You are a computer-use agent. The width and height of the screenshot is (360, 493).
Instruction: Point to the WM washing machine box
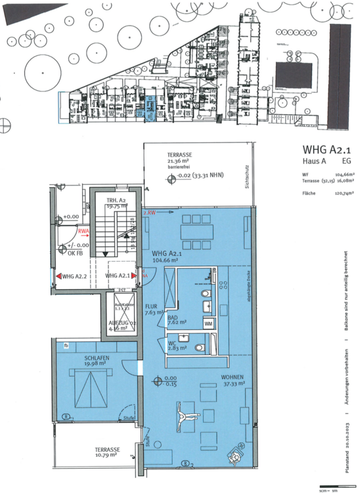tap(208, 323)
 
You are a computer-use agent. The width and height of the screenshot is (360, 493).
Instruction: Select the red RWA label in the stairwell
tap(83, 231)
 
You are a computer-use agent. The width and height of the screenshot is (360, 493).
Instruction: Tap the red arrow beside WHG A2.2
tap(58, 276)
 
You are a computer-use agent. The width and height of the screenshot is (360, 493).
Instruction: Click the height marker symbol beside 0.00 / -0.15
tap(157, 380)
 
